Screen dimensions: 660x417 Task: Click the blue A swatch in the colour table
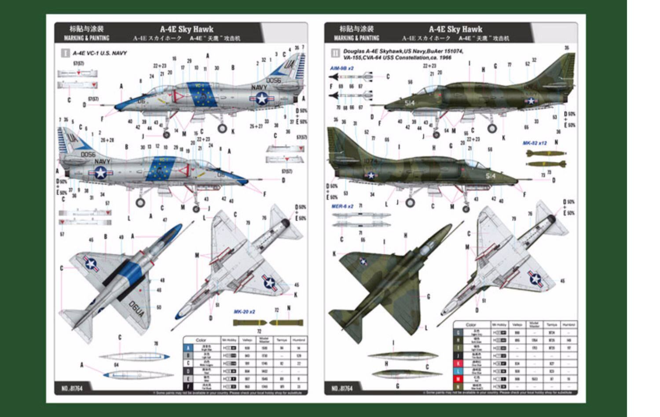[x=188, y=348]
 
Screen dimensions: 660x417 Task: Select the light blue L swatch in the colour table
[x=458, y=372]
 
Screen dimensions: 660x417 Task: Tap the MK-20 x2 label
[x=244, y=312]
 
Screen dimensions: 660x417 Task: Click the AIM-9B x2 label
[x=342, y=69]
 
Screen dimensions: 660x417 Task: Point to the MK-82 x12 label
[x=535, y=143]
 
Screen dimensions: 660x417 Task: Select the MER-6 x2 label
[x=342, y=206]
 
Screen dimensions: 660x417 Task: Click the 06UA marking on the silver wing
[x=136, y=308]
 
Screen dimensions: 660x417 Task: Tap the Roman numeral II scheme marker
[x=335, y=54]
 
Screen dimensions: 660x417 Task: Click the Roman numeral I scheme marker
[x=65, y=53]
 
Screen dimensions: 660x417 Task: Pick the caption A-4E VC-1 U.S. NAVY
[x=99, y=53]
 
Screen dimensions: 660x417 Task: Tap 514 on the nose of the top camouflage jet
[x=410, y=103]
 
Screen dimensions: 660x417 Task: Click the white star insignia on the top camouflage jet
[x=531, y=101]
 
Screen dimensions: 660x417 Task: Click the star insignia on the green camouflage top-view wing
[x=363, y=261]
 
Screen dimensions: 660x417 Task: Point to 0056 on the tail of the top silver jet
[x=273, y=80]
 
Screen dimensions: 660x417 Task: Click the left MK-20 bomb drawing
[x=249, y=323]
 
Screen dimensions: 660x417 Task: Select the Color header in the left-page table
[x=201, y=340]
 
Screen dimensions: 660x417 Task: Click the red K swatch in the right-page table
[x=458, y=364]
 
